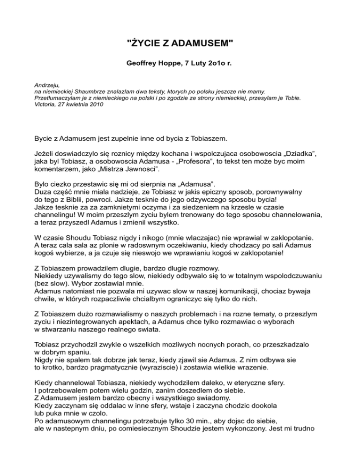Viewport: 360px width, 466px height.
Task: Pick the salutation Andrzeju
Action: (x=47, y=85)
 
